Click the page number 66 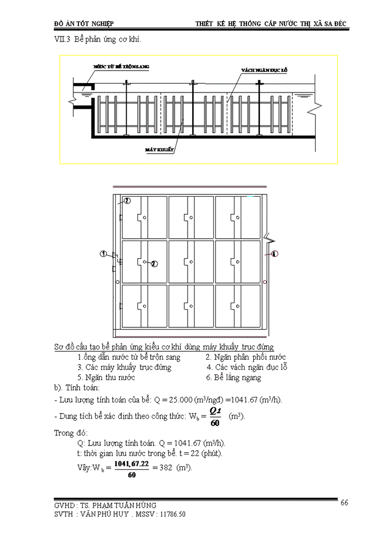(x=344, y=503)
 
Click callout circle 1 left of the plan (x=104, y=254)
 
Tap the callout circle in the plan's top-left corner (x=127, y=201)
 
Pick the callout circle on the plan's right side (x=274, y=254)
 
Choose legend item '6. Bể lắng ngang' (x=234, y=378)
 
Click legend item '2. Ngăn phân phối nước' (x=246, y=357)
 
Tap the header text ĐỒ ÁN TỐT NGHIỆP (x=83, y=25)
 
